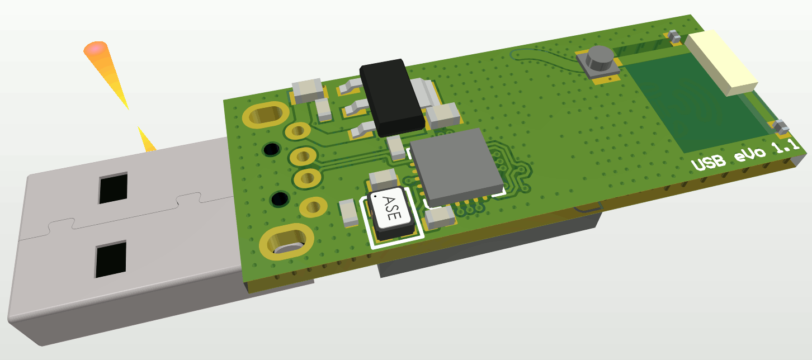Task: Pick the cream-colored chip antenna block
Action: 721,61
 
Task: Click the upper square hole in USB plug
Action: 113,188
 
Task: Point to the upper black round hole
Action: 272,149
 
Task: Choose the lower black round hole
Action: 279,198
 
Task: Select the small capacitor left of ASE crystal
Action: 349,212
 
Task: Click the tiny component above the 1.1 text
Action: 781,128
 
